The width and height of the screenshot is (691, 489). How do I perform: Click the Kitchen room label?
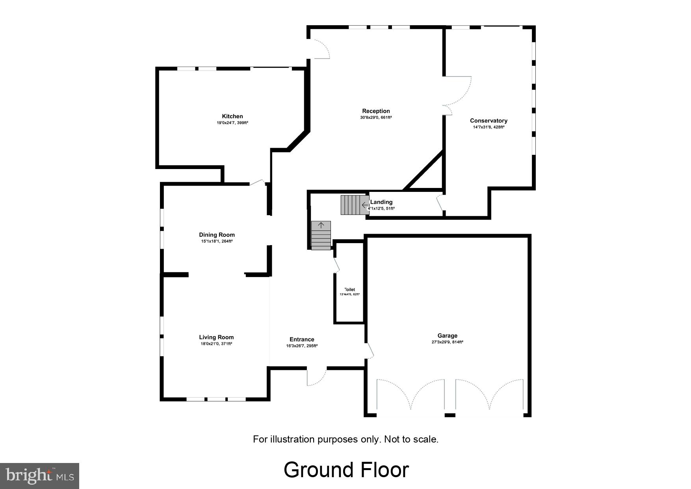tap(232, 116)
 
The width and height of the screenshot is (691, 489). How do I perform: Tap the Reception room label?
tap(376, 111)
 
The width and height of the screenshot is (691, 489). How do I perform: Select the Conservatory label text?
tap(489, 121)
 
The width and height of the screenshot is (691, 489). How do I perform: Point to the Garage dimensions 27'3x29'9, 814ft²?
tap(447, 342)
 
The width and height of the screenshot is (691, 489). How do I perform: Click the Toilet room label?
tap(349, 290)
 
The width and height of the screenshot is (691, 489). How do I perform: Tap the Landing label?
tap(381, 202)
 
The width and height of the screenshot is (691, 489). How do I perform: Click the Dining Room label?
tap(217, 235)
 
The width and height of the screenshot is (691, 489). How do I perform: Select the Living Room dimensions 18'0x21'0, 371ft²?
tap(216, 344)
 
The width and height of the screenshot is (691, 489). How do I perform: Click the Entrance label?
tap(302, 339)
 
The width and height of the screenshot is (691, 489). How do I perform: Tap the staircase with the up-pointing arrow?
tap(321, 235)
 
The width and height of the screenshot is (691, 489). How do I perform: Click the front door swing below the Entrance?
tap(316, 377)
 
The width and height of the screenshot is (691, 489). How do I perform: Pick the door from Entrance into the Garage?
tap(369, 350)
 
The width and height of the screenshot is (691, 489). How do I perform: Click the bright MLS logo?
tap(39, 476)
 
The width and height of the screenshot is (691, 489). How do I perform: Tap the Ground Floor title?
tap(346, 470)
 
